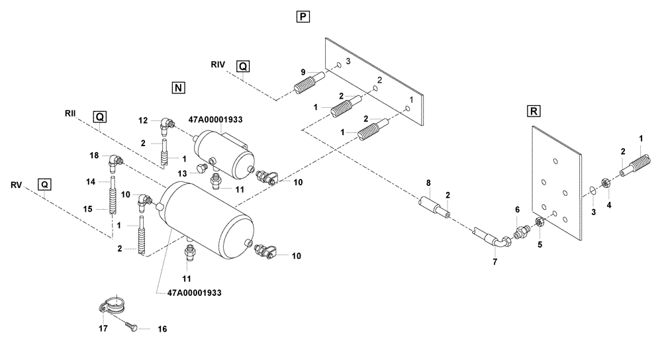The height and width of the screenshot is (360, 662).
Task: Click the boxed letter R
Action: (x=532, y=111)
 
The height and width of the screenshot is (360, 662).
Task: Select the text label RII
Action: (x=71, y=112)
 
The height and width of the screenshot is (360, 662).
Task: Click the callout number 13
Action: (x=185, y=173)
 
